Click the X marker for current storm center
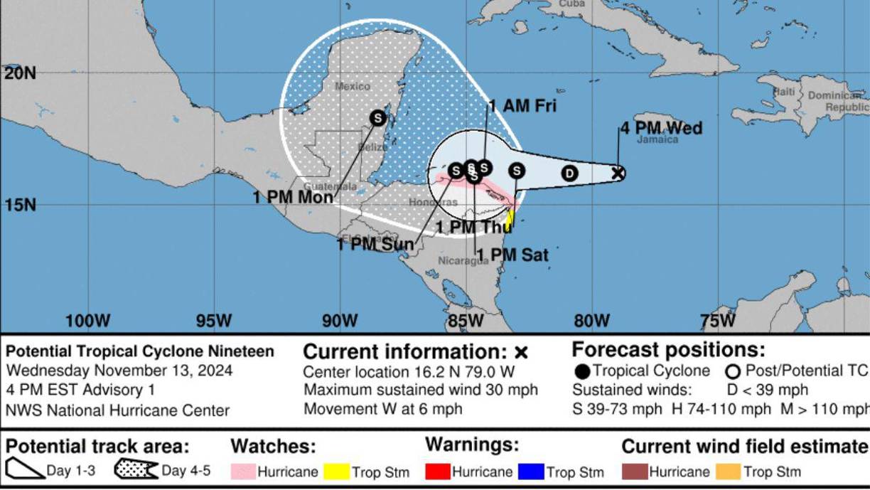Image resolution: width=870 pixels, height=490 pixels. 618,172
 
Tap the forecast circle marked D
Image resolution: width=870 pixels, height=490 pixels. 569,173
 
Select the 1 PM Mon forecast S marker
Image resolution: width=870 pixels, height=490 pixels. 378,117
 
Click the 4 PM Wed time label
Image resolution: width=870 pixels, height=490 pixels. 661,128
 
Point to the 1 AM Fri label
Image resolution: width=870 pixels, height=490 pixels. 522,107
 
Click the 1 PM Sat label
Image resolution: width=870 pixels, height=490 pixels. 512,255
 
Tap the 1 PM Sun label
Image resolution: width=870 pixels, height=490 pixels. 375,244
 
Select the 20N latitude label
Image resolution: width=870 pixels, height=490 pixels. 20,73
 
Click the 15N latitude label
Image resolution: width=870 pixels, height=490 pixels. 20,205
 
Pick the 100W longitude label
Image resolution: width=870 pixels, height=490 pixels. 88,321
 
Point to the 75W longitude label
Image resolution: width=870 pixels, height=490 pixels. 718,321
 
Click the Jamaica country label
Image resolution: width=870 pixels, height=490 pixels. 657,140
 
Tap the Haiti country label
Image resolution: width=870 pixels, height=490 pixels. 784,92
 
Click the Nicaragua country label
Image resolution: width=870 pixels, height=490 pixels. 463,260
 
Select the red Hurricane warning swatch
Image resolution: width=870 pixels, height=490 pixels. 437,472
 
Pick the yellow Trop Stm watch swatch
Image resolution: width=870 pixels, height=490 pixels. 336,472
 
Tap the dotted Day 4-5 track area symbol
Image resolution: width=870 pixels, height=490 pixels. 136,470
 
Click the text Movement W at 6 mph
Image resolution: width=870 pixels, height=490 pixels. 383,409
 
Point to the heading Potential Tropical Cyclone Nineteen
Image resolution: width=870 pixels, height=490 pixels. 140,351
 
